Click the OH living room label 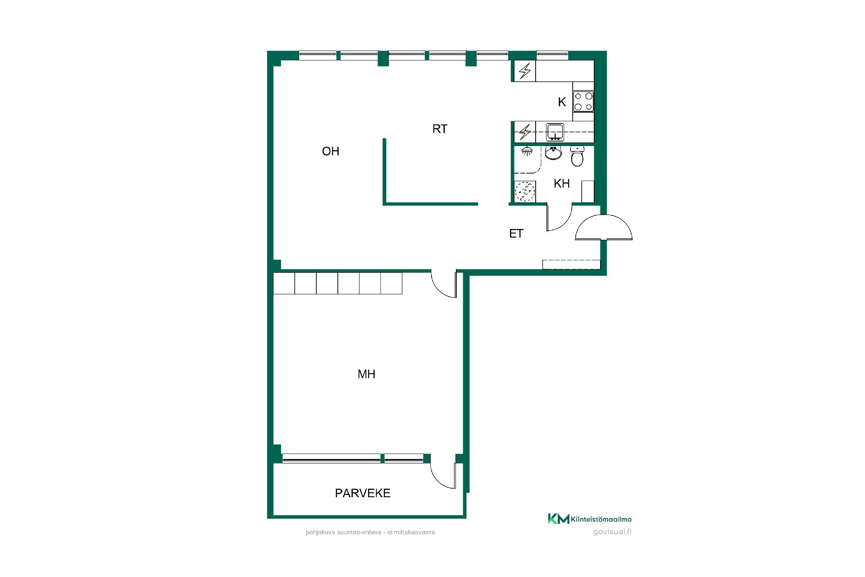[x=330, y=151]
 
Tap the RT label [x=440, y=129]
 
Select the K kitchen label [x=562, y=102]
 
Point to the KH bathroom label [x=562, y=183]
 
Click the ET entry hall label [x=516, y=234]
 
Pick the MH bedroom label [x=366, y=374]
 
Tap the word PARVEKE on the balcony [x=363, y=493]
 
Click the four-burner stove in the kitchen [x=583, y=101]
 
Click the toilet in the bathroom [x=577, y=156]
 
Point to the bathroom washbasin [x=553, y=153]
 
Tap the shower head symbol [x=526, y=151]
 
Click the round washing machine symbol [x=525, y=192]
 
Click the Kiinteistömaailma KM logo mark [x=558, y=519]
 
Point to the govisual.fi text [x=612, y=531]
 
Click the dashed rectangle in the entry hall [x=571, y=265]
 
